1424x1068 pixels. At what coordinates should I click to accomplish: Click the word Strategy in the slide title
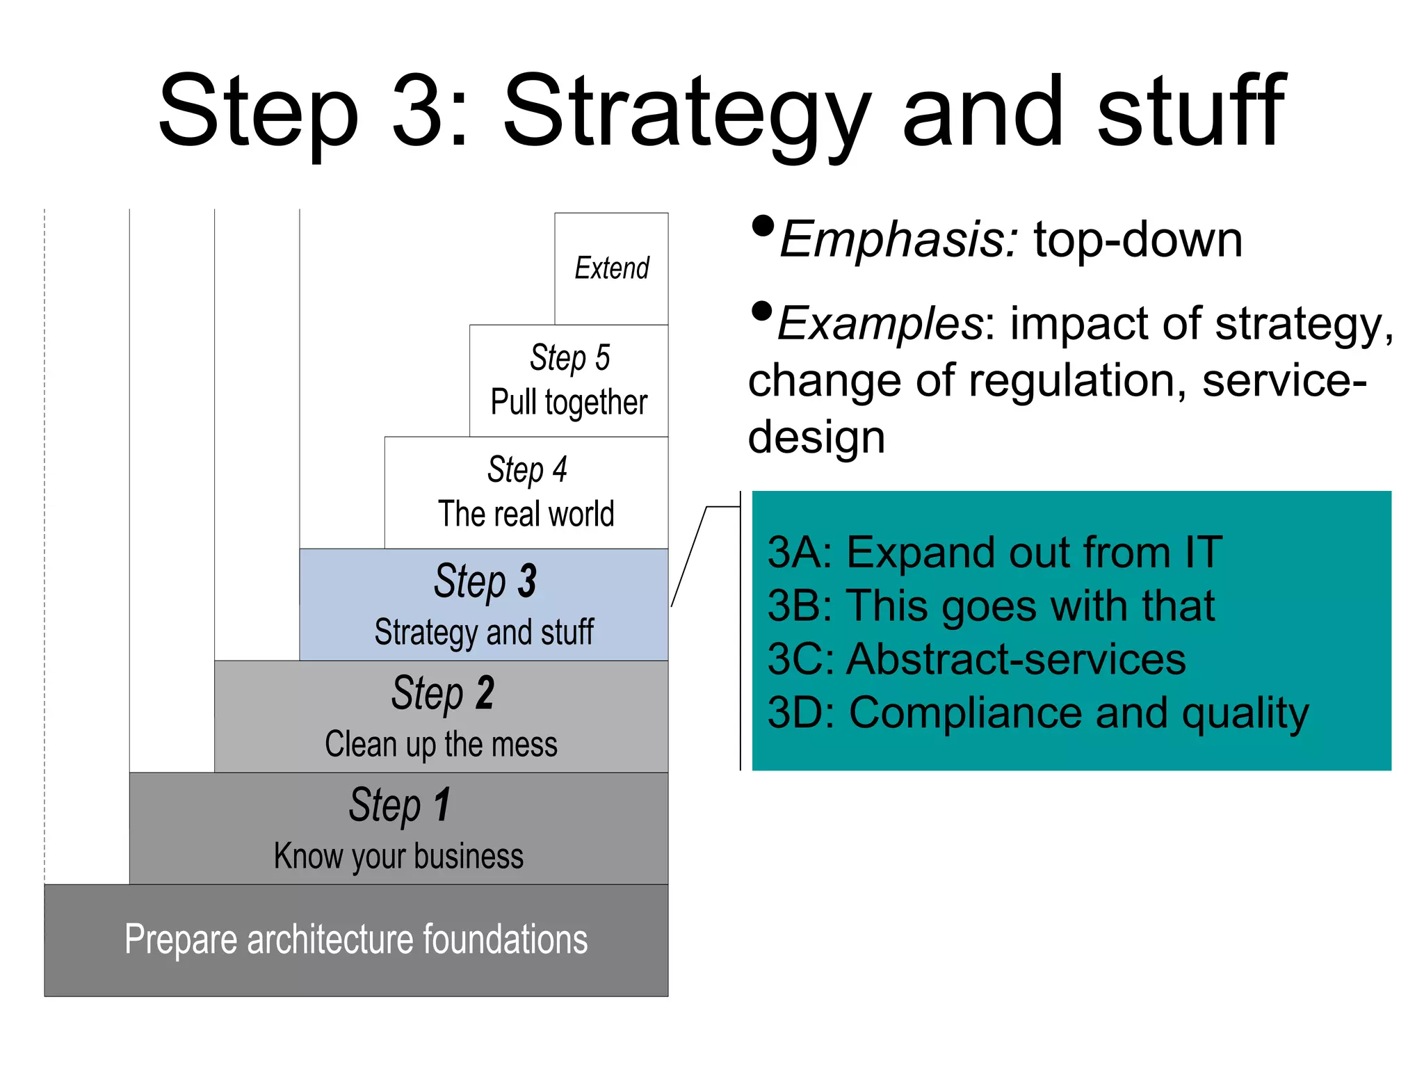pos(685,115)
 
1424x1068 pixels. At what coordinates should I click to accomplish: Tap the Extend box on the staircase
pos(611,268)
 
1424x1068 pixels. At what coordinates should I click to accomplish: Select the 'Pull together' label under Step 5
pos(569,403)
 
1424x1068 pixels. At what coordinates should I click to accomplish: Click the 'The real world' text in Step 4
pos(526,515)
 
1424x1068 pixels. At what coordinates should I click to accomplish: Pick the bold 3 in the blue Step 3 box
pos(527,581)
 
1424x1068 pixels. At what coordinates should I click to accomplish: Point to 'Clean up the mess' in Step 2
pos(441,745)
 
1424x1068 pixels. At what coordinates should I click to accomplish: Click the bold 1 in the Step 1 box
pos(442,805)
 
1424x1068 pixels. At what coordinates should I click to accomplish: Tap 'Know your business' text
pos(398,857)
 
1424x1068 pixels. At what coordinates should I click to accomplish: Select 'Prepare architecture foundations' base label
pos(356,940)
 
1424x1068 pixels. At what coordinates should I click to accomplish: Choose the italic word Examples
pos(880,324)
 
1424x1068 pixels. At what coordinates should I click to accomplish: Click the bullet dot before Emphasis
pos(763,227)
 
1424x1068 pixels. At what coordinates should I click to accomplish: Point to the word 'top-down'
pos(1138,240)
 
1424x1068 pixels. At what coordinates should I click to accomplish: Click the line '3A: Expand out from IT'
pos(994,553)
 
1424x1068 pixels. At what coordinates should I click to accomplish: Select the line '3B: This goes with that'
pos(991,606)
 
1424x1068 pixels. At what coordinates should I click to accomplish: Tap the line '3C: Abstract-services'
pos(976,659)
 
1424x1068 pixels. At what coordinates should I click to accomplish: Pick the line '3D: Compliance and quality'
pos(1037,713)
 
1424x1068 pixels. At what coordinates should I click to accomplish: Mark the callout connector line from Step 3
pos(689,556)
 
